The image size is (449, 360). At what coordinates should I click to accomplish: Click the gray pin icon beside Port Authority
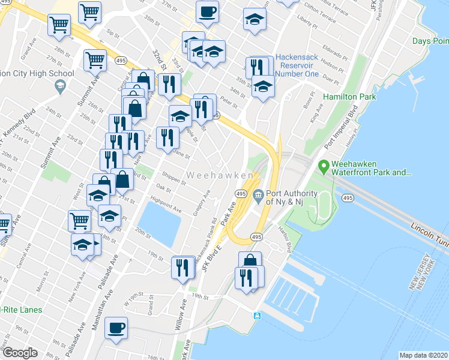pos(258,193)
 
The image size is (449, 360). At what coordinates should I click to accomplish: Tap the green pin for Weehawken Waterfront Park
pos(324,165)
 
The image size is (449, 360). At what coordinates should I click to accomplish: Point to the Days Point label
pos(430,41)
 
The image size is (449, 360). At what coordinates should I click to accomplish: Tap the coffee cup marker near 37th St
pos(207,11)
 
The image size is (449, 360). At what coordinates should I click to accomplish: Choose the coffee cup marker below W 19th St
pos(116,328)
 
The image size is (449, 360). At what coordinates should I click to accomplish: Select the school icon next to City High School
pos(59,87)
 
